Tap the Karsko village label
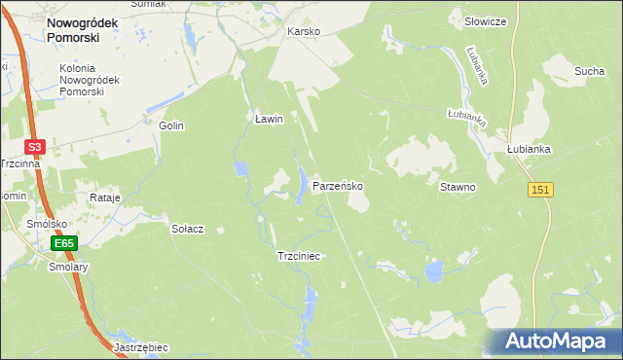tap(303, 31)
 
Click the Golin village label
tap(171, 126)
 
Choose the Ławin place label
tap(268, 119)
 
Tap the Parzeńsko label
tap(338, 185)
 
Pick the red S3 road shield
tap(35, 147)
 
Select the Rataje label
tap(104, 198)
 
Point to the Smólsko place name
tap(46, 224)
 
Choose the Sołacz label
tap(187, 229)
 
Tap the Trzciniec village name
tap(299, 256)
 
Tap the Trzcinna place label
tap(20, 163)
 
